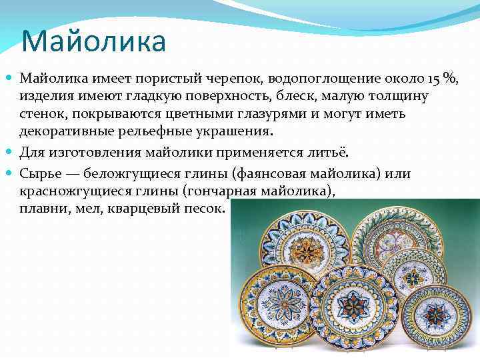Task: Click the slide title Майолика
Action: click(x=93, y=41)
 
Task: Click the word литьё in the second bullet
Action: click(x=331, y=153)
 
